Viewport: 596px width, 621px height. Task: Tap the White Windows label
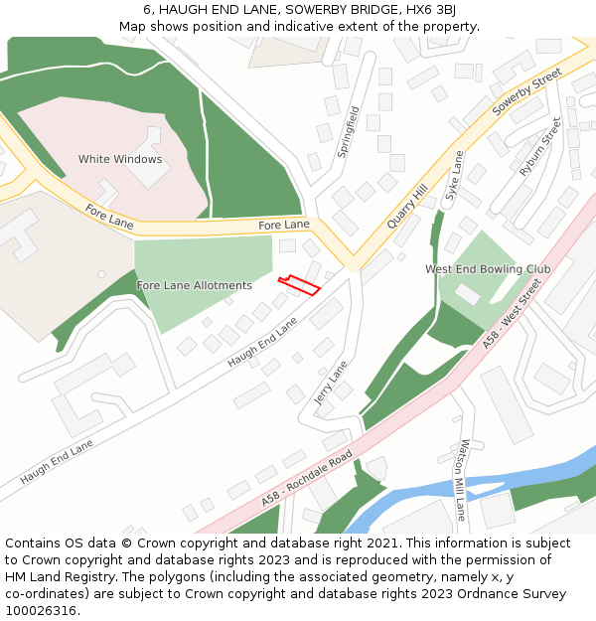[x=120, y=159]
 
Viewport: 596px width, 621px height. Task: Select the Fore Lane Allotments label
[x=194, y=285]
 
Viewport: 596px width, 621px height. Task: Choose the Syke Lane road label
[x=454, y=177]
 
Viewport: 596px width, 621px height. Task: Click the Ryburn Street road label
[x=540, y=147]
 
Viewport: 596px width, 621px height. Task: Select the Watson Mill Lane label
[x=462, y=479]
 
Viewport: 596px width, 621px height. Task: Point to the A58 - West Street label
[x=513, y=313]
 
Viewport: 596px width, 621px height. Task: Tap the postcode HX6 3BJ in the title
[x=432, y=9]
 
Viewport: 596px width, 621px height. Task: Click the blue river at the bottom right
[x=517, y=478]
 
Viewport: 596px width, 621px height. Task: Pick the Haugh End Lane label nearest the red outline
[x=262, y=343]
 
